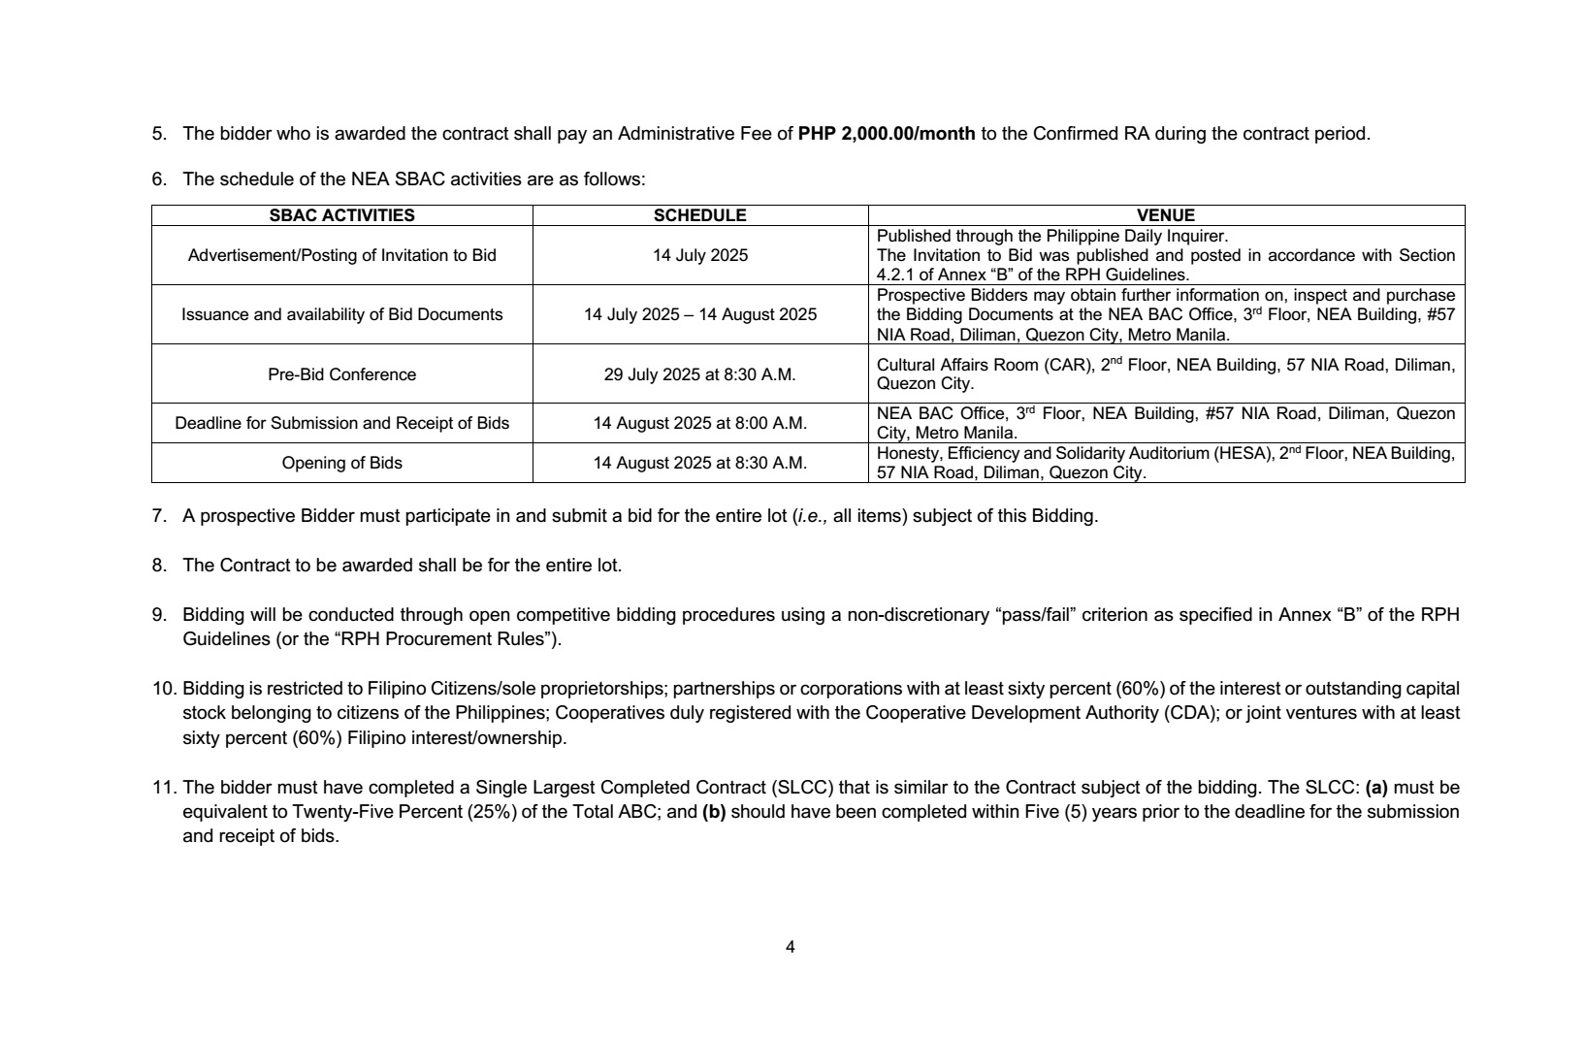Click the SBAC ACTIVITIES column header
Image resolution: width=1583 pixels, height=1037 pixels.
(341, 215)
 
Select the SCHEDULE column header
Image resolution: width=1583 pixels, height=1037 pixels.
(699, 215)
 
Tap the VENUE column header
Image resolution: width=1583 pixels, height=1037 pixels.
(1165, 215)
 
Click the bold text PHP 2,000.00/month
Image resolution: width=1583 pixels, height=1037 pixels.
(887, 134)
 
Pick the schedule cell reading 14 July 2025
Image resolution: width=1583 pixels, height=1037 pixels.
(699, 255)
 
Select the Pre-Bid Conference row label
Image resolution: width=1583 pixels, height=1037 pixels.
(341, 374)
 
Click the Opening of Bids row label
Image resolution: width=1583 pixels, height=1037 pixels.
(341, 463)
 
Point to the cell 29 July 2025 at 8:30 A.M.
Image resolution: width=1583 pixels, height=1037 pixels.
(699, 374)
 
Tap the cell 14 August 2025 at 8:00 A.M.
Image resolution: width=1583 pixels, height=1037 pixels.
(699, 423)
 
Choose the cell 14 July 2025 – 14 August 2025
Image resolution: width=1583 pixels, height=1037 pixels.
(699, 314)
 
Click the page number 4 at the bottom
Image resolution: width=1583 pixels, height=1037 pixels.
(791, 947)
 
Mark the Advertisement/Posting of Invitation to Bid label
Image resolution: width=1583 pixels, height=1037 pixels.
(341, 255)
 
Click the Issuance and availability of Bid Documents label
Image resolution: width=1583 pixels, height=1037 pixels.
(341, 314)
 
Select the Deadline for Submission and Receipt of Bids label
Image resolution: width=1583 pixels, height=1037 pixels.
(341, 423)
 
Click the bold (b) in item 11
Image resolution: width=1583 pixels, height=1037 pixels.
(714, 811)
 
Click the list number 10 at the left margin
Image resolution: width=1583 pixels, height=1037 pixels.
(162, 689)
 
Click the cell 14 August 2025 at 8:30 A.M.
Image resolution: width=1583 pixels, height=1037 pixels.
(699, 463)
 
